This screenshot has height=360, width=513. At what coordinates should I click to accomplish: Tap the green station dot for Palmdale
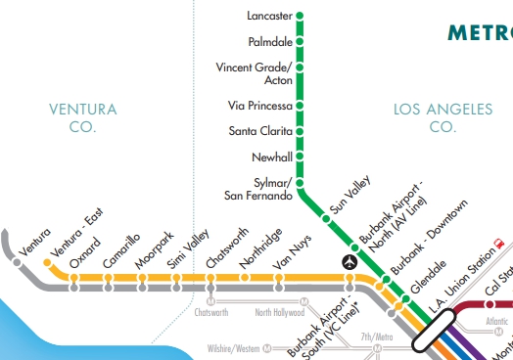[300, 42]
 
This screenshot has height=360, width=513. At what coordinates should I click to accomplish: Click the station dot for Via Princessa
[300, 106]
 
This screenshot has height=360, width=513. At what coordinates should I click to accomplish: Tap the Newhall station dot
[300, 157]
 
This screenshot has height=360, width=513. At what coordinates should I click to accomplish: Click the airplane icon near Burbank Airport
[350, 261]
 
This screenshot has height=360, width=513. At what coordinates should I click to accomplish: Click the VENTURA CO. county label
[83, 117]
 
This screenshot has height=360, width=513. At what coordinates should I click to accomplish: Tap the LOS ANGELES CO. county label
[443, 117]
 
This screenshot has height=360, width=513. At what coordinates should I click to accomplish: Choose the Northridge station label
[261, 248]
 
